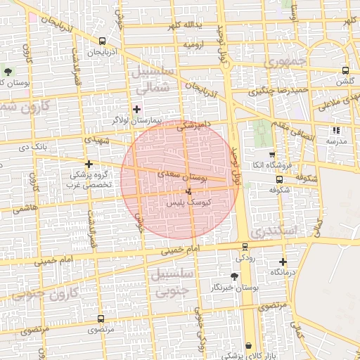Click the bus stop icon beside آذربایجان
coord(103,41)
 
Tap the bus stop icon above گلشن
coord(345,70)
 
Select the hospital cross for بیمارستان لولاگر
coord(136,109)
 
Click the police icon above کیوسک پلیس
coord(188,191)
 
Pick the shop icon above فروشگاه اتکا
coord(272,154)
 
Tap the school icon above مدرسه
coord(336,130)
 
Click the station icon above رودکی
coord(245,247)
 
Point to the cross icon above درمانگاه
coord(283,262)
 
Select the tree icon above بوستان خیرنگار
coord(234,276)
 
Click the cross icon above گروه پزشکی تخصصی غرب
coord(89,163)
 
